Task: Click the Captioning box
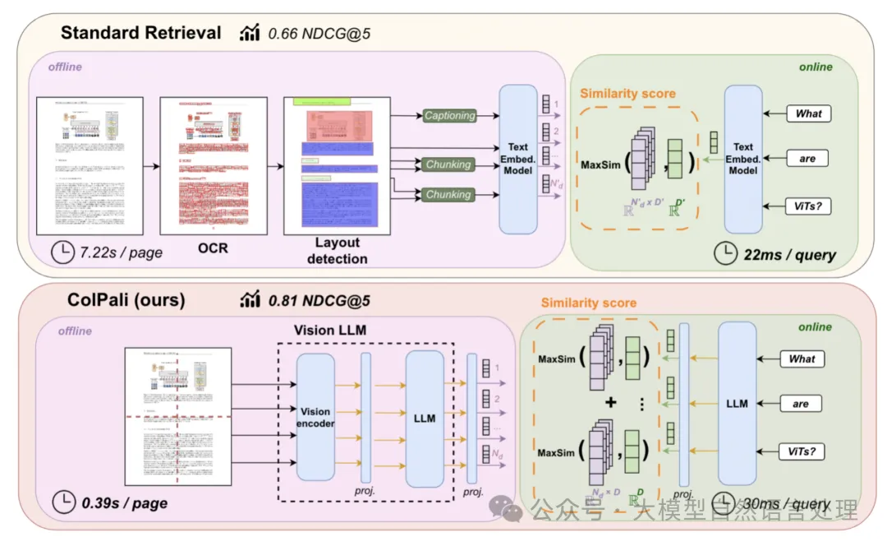pos(449,116)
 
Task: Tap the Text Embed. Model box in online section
pos(743,159)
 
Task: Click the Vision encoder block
pos(316,417)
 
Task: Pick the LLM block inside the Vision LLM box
pos(424,418)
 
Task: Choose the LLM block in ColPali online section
pos(737,403)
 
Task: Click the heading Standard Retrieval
pos(141,33)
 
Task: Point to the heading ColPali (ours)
pos(126,300)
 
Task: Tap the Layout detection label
pos(337,250)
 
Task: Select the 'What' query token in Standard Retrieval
pos(808,113)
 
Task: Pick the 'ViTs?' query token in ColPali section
pos(802,450)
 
